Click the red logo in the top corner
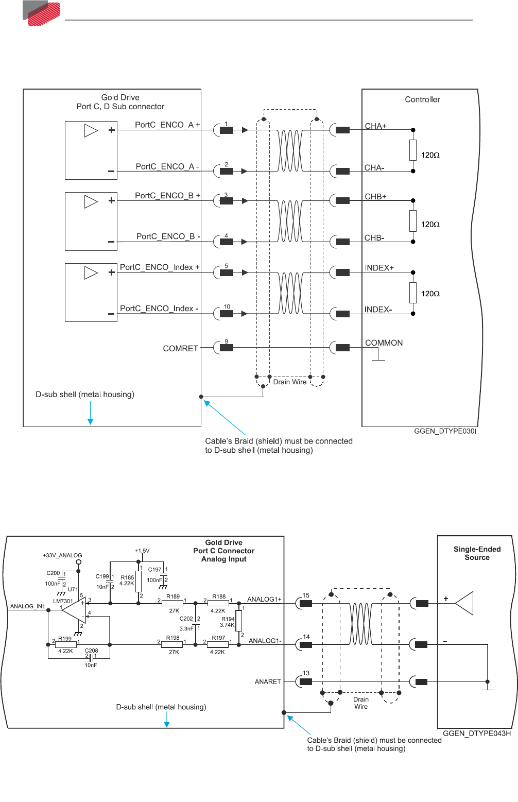click(x=43, y=13)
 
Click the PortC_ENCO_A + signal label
click(x=167, y=125)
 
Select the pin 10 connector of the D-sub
click(x=227, y=313)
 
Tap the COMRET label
click(x=180, y=348)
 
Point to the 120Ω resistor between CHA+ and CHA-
click(x=413, y=150)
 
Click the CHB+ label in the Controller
click(x=375, y=197)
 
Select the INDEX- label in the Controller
click(x=378, y=310)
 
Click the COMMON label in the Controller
click(x=384, y=343)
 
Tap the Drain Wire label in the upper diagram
click(x=289, y=382)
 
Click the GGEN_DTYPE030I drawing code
click(x=445, y=431)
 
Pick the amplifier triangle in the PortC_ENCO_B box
click(x=91, y=201)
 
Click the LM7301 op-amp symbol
click(x=74, y=610)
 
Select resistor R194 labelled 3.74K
click(x=238, y=621)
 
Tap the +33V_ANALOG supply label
click(x=62, y=555)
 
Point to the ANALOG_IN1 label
click(x=28, y=606)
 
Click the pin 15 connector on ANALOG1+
click(x=306, y=603)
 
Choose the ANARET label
click(x=268, y=681)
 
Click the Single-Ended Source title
click(x=477, y=553)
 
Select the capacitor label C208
click(x=91, y=651)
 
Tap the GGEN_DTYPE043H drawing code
click(x=477, y=733)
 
